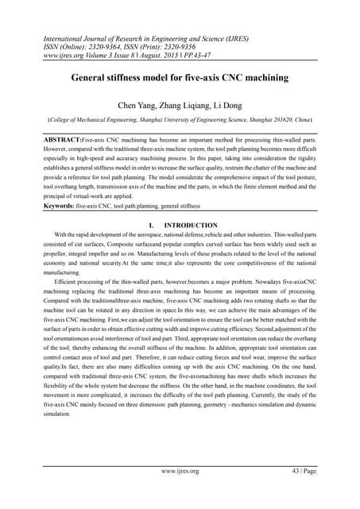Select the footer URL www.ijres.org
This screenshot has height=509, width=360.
pyautogui.click(x=180, y=472)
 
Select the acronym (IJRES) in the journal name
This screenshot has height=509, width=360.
pyautogui.click(x=257, y=36)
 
